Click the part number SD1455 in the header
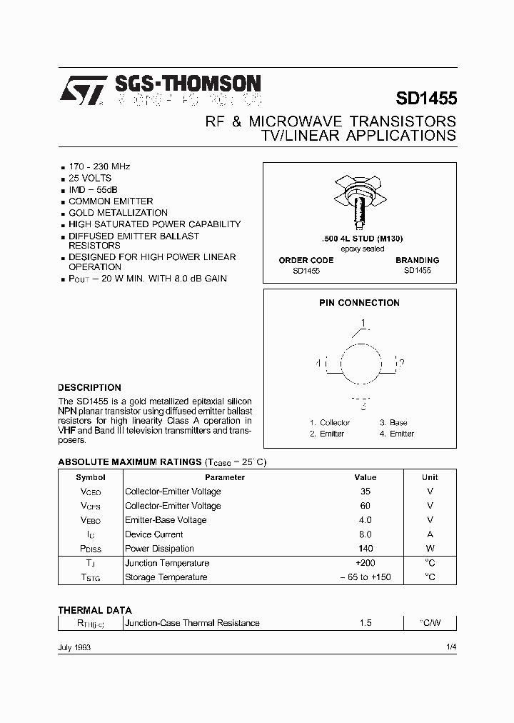pyautogui.click(x=425, y=98)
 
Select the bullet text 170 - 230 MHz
pyautogui.click(x=99, y=166)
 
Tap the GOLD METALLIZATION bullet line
pyautogui.click(x=118, y=213)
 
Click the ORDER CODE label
pyautogui.click(x=306, y=261)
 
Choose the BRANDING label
pyautogui.click(x=417, y=261)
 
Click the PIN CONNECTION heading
pyautogui.click(x=359, y=303)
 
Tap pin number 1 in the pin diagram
pyautogui.click(x=363, y=324)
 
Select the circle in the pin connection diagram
pyautogui.click(x=360, y=364)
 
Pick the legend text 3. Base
pyautogui.click(x=393, y=423)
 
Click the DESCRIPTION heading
pyautogui.click(x=89, y=388)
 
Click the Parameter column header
pyautogui.click(x=225, y=477)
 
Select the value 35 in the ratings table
pyautogui.click(x=366, y=492)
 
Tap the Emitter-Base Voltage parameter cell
pyautogui.click(x=166, y=520)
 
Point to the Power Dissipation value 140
pyautogui.click(x=366, y=549)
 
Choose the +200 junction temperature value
pyautogui.click(x=366, y=563)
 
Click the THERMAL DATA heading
pyautogui.click(x=95, y=610)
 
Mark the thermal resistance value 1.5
pyautogui.click(x=366, y=623)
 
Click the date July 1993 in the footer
pyautogui.click(x=74, y=647)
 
